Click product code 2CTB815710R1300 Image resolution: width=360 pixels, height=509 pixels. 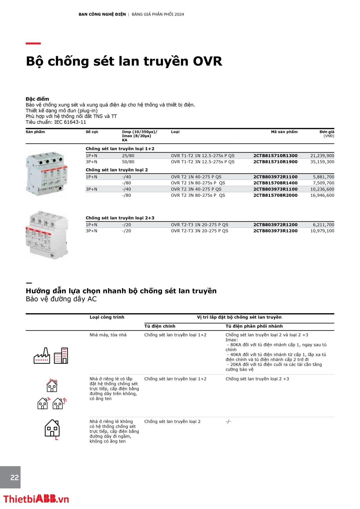coord(275,156)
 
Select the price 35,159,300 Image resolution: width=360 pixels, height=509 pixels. coord(322,162)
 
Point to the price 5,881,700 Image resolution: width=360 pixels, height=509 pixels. coord(323,177)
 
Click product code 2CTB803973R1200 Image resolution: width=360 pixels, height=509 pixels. coord(275,231)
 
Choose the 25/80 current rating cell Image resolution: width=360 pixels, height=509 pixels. coord(128,156)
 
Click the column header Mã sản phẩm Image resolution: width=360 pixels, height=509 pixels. coord(284,132)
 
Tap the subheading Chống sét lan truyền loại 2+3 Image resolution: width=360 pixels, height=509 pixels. coord(120,218)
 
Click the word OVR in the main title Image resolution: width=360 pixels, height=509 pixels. coord(207,61)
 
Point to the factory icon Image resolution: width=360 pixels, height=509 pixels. coord(42,356)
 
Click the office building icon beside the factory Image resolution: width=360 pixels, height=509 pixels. coord(61,356)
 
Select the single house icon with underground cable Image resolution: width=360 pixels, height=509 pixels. coord(52,429)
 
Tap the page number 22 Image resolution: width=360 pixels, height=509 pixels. coord(14,477)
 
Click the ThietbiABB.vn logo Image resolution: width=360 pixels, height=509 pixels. coord(36,499)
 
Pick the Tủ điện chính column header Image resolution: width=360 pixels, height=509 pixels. coord(160,326)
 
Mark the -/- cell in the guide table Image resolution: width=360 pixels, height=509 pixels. coord(228,421)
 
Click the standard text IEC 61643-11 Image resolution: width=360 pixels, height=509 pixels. coord(70,122)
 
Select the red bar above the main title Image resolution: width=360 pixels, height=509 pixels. coord(33,43)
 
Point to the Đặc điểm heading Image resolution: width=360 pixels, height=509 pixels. coord(37,99)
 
